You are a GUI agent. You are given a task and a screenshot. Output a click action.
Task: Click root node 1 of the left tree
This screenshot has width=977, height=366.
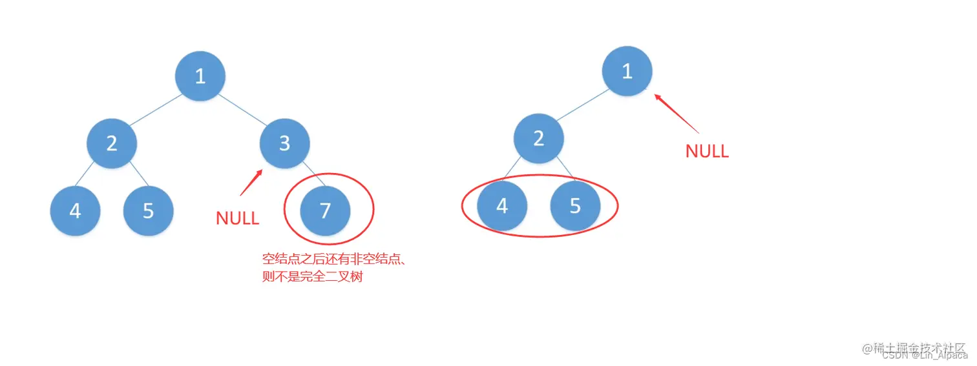pyautogui.click(x=200, y=76)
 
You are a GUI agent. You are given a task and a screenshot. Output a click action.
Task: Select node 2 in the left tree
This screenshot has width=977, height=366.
pyautogui.click(x=112, y=143)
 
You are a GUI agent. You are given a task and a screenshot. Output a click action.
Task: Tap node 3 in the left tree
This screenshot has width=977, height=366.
pyautogui.click(x=284, y=143)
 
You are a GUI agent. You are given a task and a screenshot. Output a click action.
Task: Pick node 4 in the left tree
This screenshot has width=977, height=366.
pyautogui.click(x=75, y=210)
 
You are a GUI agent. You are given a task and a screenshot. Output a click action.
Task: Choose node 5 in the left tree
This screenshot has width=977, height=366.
pyautogui.click(x=148, y=210)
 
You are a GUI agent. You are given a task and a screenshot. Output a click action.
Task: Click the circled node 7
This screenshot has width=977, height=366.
pyautogui.click(x=325, y=210)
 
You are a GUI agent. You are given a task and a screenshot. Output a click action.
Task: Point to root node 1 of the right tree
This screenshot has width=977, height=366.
pyautogui.click(x=627, y=71)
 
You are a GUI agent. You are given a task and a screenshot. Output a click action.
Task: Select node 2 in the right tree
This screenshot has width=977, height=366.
pyautogui.click(x=539, y=137)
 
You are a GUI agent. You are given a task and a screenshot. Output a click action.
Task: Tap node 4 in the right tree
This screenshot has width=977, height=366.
pyautogui.click(x=502, y=205)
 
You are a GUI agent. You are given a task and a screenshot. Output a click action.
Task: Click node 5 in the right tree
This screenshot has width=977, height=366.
pyautogui.click(x=575, y=205)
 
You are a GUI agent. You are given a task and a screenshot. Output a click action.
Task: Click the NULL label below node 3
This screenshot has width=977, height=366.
pyautogui.click(x=237, y=218)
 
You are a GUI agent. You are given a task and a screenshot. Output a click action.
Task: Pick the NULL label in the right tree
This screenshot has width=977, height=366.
pyautogui.click(x=707, y=151)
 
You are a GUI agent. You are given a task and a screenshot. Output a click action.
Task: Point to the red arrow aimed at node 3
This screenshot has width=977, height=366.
pyautogui.click(x=251, y=182)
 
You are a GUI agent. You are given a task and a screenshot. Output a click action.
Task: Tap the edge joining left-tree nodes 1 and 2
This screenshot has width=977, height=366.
pyautogui.click(x=156, y=109)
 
